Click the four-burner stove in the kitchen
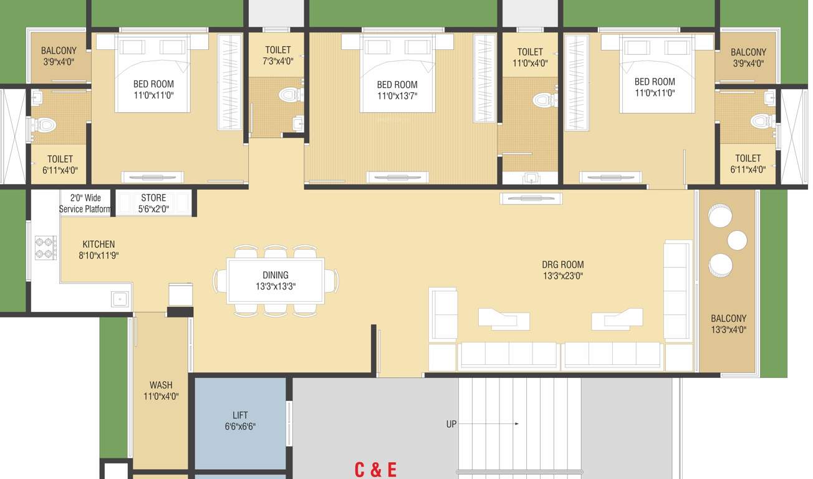pyautogui.click(x=46, y=248)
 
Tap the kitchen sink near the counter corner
pyautogui.click(x=120, y=299)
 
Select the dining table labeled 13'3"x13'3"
pyautogui.click(x=276, y=281)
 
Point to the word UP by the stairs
pyautogui.click(x=451, y=424)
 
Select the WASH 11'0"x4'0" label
pyautogui.click(x=161, y=390)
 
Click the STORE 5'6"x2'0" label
pyautogui.click(x=153, y=203)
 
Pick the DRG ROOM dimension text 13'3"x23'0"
pyautogui.click(x=562, y=276)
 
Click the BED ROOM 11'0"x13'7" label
pyautogui.click(x=397, y=90)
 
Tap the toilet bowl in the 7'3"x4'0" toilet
pyautogui.click(x=289, y=95)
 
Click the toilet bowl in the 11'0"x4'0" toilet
pyautogui.click(x=544, y=100)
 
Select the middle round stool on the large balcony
pyautogui.click(x=737, y=240)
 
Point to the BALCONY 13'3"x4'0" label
pyautogui.click(x=728, y=324)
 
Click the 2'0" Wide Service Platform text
pyautogui.click(x=85, y=203)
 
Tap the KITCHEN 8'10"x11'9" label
pyautogui.click(x=99, y=249)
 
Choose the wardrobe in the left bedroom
pyautogui.click(x=229, y=82)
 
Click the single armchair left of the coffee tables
pyautogui.click(x=443, y=314)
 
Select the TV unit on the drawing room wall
pyautogui.click(x=531, y=198)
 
